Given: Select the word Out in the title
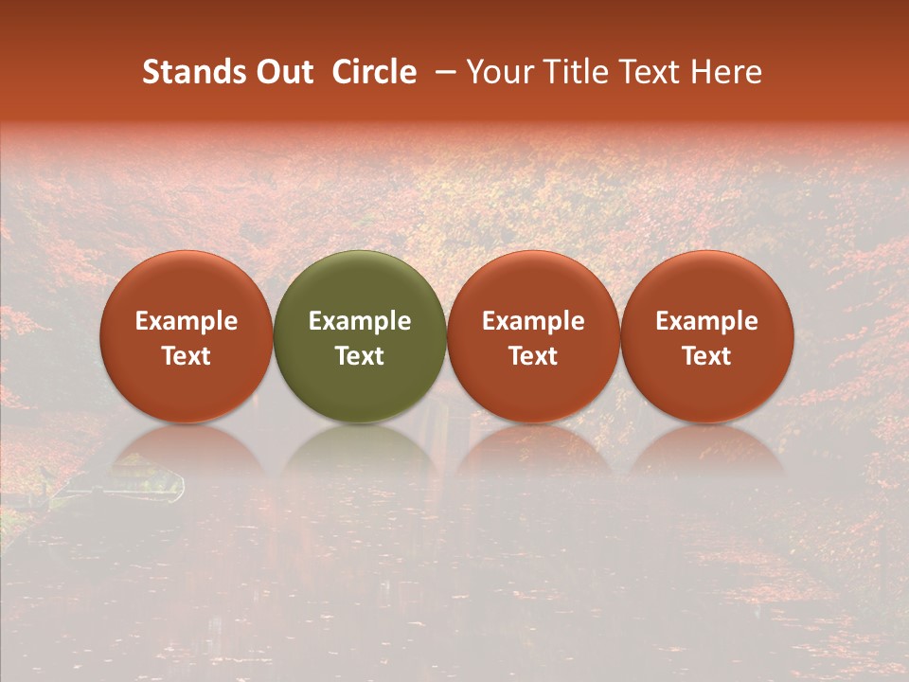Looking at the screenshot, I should coord(283,72).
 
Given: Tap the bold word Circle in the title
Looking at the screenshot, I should coord(374,72).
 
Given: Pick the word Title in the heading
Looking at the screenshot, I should coord(574,72).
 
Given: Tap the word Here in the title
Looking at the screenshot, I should coord(727,72).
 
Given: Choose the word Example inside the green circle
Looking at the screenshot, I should coord(360,321).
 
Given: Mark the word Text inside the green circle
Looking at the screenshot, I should coord(360,356).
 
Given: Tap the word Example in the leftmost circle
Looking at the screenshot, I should coord(187,321).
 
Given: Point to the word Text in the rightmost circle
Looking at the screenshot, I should coord(706,356).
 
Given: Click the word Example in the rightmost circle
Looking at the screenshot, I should coord(706,321).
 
